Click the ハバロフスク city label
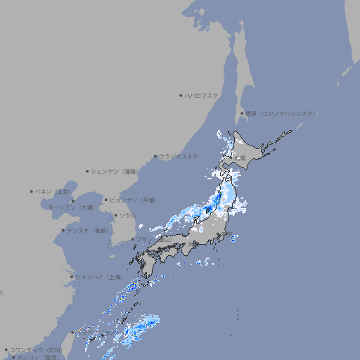202,95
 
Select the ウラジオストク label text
179,156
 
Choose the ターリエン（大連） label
71,207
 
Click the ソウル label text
127,215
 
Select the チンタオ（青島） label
88,230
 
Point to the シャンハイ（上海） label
99,277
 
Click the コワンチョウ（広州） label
37,349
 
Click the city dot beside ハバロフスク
181,95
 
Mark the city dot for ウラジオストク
155,156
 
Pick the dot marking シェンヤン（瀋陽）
87,171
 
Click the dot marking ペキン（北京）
31,191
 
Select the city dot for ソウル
115,215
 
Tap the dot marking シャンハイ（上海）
72,277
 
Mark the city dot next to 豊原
242,113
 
